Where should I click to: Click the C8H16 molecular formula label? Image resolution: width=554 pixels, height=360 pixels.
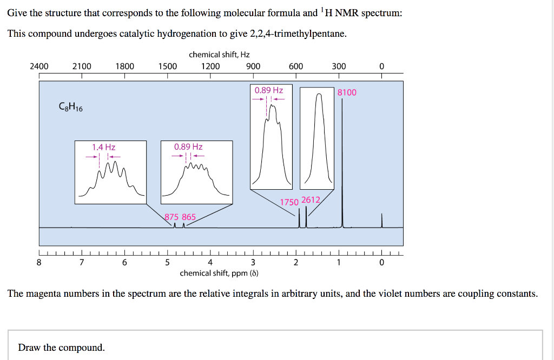click(70, 107)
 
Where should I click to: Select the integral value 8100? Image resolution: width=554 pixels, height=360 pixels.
click(347, 92)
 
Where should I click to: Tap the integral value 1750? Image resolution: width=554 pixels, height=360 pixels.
click(289, 202)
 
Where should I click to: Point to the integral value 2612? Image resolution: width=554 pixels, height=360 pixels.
click(311, 200)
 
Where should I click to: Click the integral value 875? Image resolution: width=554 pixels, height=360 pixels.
click(172, 217)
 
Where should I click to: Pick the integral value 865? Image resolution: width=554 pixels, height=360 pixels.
click(189, 217)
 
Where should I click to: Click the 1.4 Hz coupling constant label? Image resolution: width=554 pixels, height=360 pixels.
click(103, 146)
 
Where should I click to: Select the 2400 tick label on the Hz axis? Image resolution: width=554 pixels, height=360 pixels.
click(39, 66)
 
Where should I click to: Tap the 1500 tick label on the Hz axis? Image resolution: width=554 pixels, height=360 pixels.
click(167, 66)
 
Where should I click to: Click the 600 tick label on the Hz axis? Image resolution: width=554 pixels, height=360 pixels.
click(296, 66)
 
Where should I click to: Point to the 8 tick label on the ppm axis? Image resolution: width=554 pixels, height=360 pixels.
click(39, 263)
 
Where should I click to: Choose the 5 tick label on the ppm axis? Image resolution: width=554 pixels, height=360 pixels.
click(167, 263)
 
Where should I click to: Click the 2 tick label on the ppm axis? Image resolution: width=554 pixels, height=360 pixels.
click(296, 263)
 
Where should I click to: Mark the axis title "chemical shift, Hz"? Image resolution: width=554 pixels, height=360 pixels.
click(219, 55)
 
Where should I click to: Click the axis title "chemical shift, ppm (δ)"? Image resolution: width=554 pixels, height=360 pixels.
click(219, 273)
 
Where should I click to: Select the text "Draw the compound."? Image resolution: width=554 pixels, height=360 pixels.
click(62, 347)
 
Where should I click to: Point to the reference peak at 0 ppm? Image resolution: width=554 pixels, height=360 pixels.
click(382, 222)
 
